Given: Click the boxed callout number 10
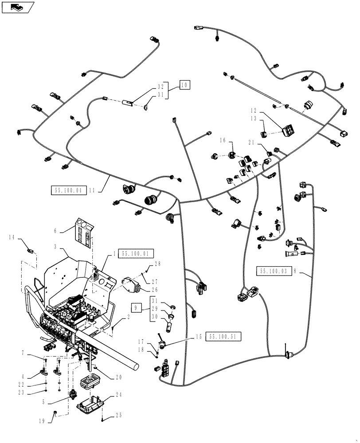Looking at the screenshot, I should (x=184, y=84).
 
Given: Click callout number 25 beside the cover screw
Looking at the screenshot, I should (x=117, y=416).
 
